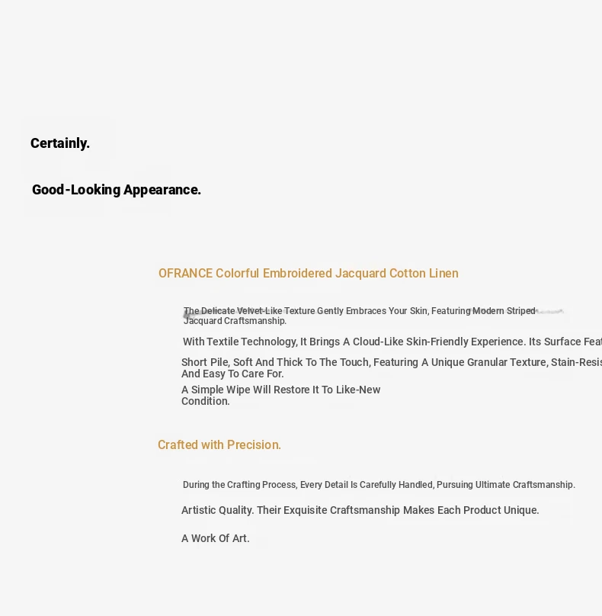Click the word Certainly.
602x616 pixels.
point(60,143)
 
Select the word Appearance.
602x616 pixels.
point(162,190)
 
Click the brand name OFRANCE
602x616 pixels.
point(185,274)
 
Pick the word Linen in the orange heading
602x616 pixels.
point(443,274)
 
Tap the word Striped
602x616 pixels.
point(520,311)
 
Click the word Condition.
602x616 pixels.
point(205,401)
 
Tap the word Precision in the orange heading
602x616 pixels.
point(254,445)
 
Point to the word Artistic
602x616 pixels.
point(198,510)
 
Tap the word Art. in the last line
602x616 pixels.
point(241,538)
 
